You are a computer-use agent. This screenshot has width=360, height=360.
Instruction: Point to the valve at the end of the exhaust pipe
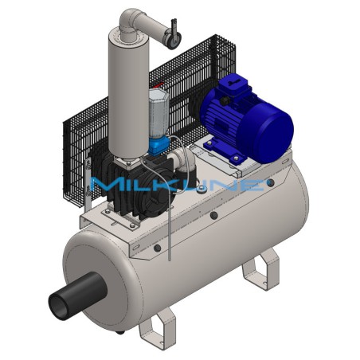[170, 33]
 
